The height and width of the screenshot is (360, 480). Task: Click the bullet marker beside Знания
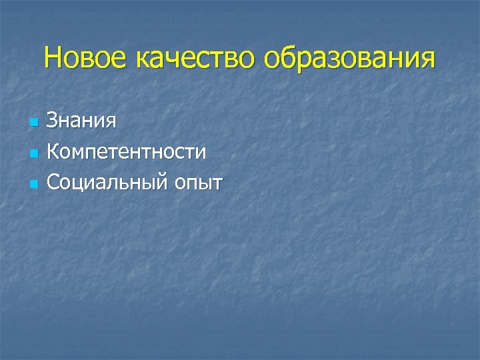(32, 123)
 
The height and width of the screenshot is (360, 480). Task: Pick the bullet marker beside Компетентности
(32, 153)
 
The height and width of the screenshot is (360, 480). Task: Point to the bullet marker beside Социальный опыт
(32, 183)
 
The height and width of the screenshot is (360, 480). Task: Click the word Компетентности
(127, 152)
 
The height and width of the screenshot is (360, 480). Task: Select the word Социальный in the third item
(107, 181)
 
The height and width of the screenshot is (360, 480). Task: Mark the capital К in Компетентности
(54, 152)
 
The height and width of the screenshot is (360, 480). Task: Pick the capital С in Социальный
(54, 181)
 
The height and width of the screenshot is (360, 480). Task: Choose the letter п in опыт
(191, 184)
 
